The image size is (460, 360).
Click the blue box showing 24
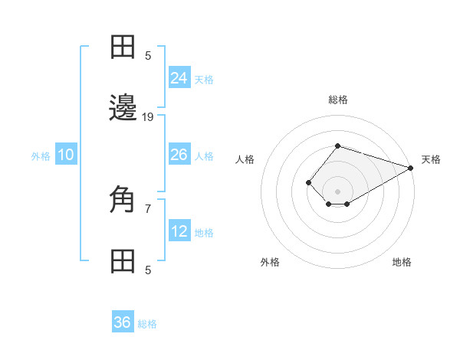coord(179,78)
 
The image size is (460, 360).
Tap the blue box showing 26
coord(179,155)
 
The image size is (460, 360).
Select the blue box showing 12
coord(179,231)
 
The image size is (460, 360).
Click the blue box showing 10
coord(66,155)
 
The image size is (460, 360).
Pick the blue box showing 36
coord(123,322)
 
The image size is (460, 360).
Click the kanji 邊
coord(123,108)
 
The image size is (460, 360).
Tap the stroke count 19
coord(148,117)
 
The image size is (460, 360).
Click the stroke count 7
coord(148,208)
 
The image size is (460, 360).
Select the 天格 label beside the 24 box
coord(204,80)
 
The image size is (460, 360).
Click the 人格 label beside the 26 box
coord(204,156)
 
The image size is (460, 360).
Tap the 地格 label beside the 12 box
coord(204,233)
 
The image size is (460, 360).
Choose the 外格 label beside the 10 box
coord(41,156)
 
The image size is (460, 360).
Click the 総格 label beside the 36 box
coord(147,324)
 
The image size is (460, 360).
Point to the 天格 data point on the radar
coord(410,168)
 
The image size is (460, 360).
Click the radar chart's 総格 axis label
coord(337,100)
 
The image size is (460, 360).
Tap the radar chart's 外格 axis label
coord(270,262)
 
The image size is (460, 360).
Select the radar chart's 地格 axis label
coord(402,262)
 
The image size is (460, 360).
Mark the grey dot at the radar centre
coord(337,191)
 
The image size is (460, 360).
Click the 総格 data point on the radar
coord(337,146)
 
